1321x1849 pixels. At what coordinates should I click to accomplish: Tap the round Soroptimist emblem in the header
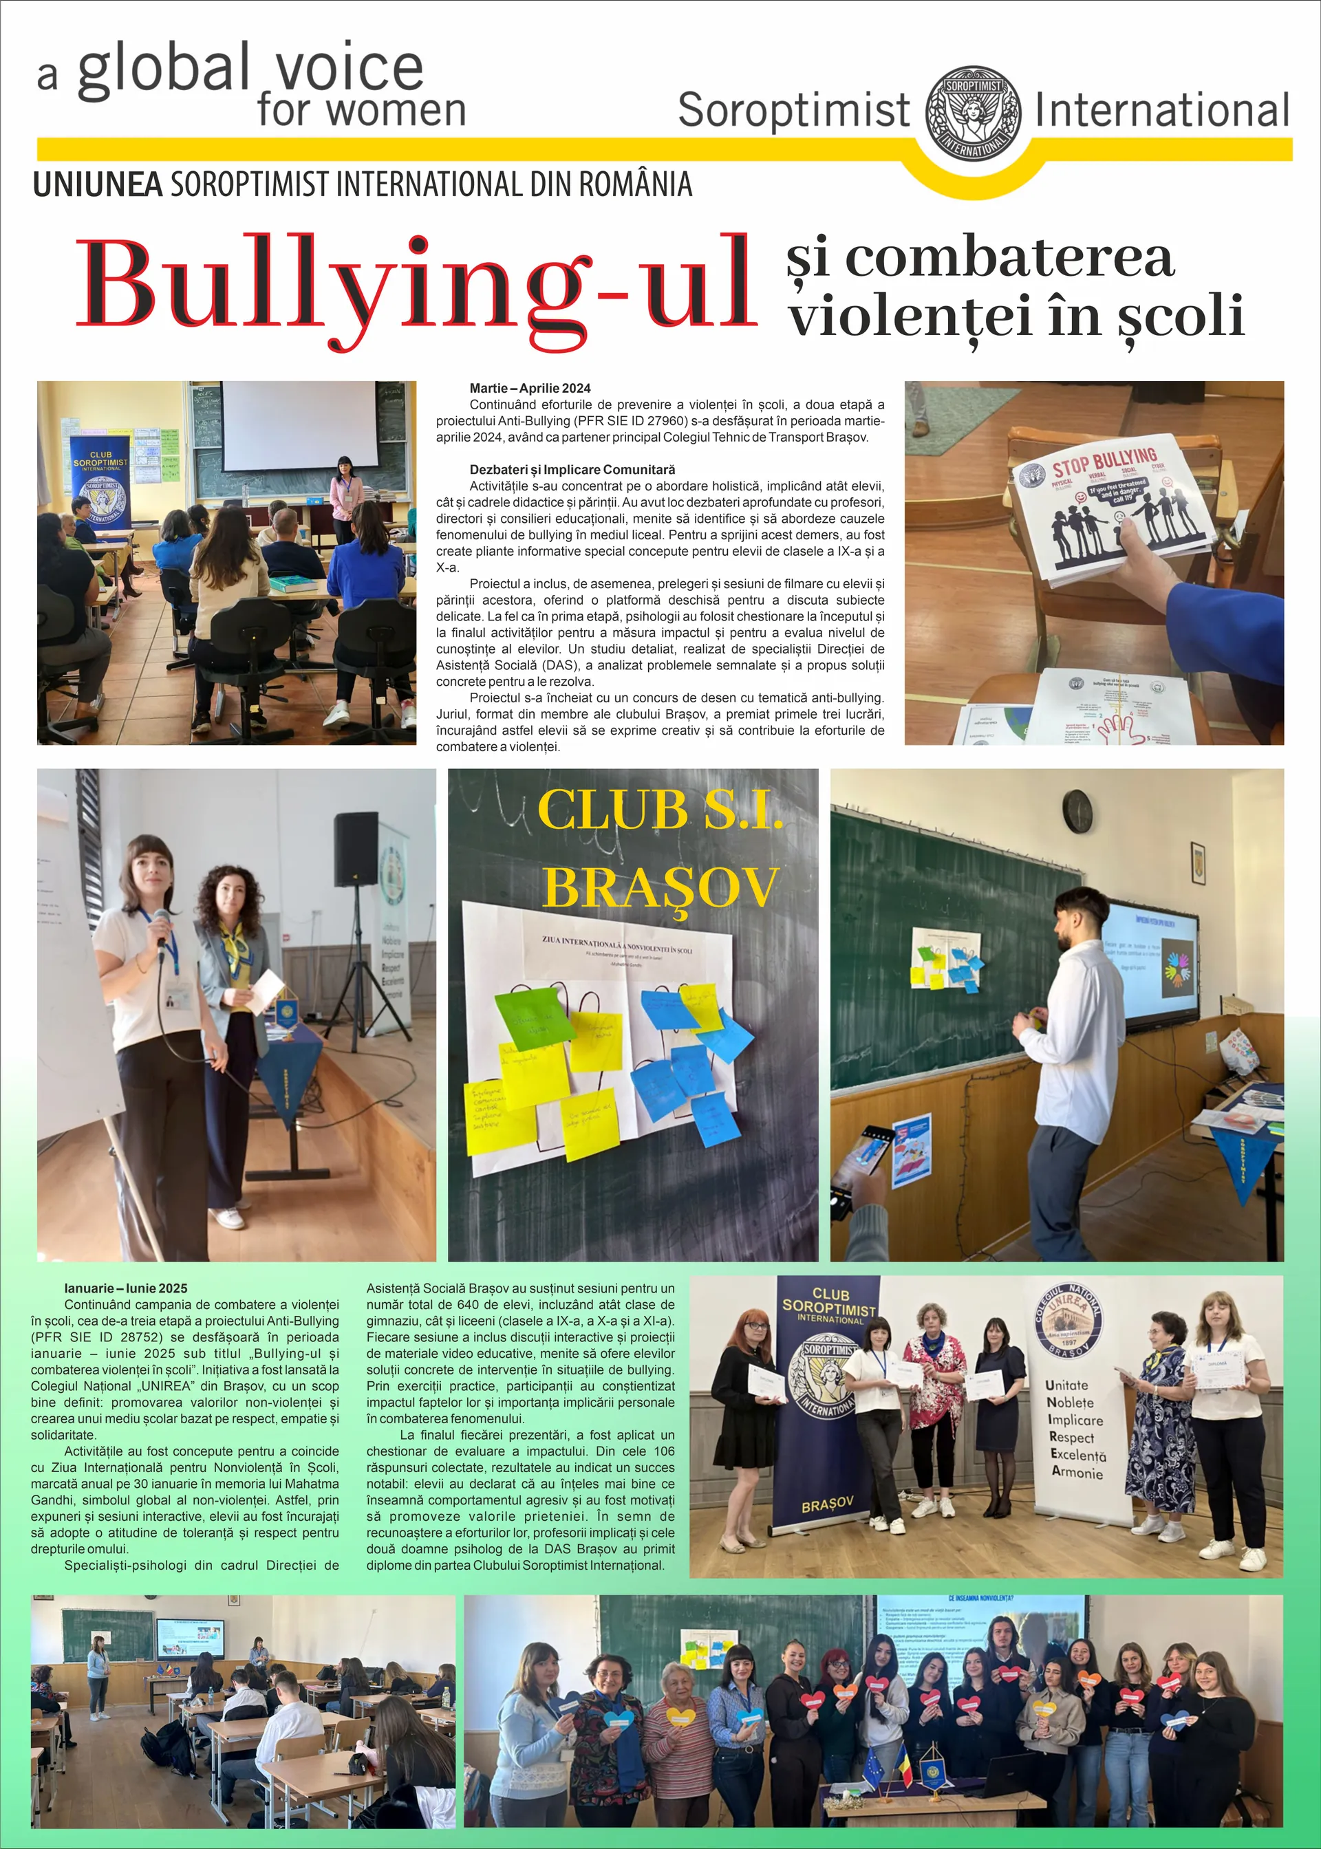pos(974,113)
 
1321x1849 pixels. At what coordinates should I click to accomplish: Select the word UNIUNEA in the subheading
pos(98,186)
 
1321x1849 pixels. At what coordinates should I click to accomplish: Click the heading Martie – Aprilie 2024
pos(530,389)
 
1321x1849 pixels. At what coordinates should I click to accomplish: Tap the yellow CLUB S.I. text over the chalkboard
pos(660,810)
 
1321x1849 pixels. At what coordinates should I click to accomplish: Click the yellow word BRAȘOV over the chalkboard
pos(660,885)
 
